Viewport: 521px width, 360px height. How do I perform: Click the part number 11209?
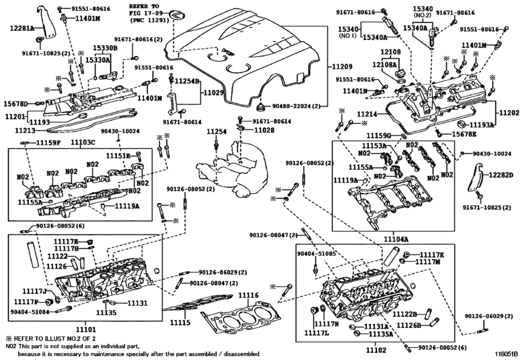342,67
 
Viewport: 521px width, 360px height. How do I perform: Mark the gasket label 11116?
248,295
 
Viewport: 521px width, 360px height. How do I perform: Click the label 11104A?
396,237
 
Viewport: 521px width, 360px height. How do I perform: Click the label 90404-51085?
315,255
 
